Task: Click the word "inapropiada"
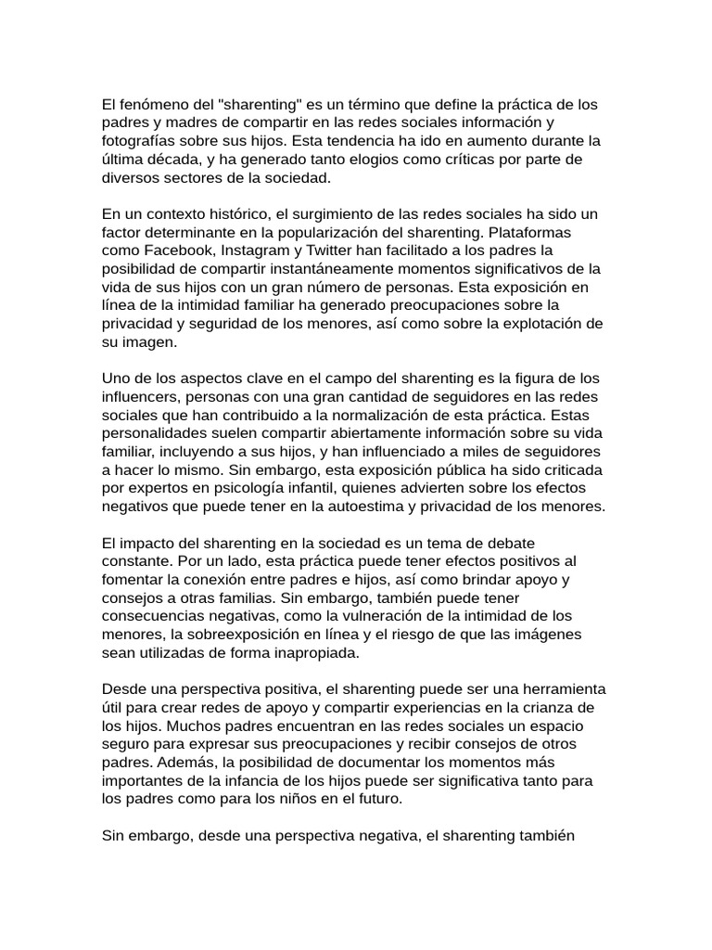tap(313, 652)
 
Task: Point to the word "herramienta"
tap(560, 689)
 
